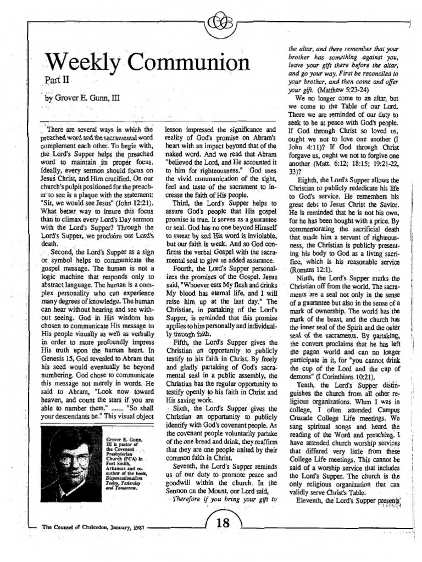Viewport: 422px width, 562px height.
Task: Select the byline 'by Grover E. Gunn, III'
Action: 82,100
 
